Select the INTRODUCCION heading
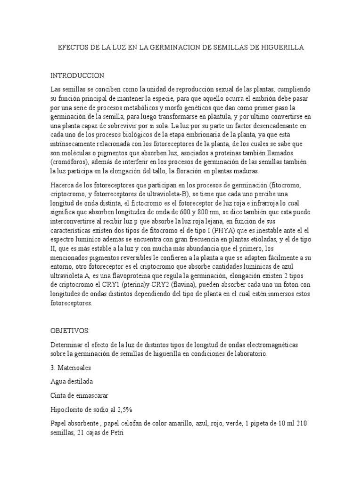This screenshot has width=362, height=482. pyautogui.click(x=77, y=76)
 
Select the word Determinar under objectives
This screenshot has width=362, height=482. pyautogui.click(x=68, y=345)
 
